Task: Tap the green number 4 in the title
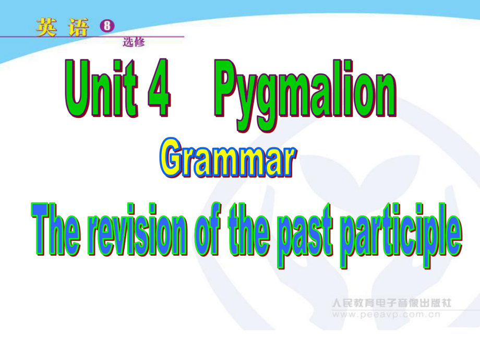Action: [x=159, y=88]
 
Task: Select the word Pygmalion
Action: [x=305, y=95]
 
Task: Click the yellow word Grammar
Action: [x=228, y=158]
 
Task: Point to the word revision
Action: [x=138, y=229]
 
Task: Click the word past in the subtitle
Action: [x=305, y=236]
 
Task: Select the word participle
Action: [x=401, y=235]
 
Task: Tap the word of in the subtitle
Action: [x=208, y=229]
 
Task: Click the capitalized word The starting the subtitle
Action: [x=56, y=229]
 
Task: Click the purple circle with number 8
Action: [x=107, y=26]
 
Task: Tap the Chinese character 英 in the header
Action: [x=46, y=27]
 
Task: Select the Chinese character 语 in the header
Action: [x=79, y=27]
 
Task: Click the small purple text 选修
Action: [x=134, y=42]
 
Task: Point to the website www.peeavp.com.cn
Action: [x=386, y=315]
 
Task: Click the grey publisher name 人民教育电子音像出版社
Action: [x=391, y=303]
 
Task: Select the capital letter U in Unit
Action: [x=78, y=88]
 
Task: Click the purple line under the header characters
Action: [x=92, y=37]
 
